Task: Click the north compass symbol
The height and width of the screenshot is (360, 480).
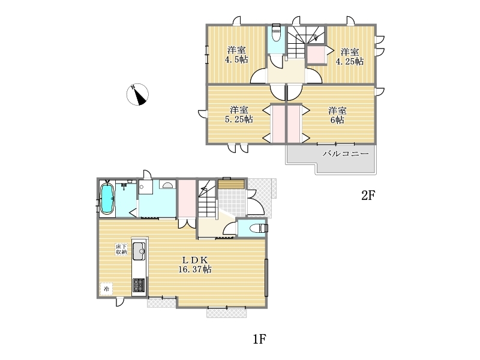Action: [137, 94]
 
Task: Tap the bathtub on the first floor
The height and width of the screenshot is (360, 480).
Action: [107, 199]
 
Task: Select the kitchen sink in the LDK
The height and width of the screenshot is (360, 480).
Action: [139, 251]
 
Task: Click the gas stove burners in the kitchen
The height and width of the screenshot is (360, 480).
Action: [139, 286]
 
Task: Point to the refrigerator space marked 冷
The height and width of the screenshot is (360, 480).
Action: [106, 289]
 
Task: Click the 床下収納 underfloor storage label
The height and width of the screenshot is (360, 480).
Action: [121, 250]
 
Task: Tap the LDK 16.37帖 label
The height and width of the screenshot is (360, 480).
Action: [195, 265]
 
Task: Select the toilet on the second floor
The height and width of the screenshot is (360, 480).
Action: [276, 32]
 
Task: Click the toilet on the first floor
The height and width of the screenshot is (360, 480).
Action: [259, 228]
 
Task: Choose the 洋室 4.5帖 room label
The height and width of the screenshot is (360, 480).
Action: [236, 55]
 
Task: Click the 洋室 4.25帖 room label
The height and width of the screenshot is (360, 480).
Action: [350, 56]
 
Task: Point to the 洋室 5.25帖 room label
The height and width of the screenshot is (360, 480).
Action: [239, 114]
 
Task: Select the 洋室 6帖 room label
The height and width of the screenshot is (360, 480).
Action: [337, 115]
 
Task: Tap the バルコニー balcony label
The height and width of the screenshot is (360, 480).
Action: [346, 154]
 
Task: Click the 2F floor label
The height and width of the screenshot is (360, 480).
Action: [368, 196]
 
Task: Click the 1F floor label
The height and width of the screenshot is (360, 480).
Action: [260, 339]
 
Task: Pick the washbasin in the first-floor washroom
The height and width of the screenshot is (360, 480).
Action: [167, 185]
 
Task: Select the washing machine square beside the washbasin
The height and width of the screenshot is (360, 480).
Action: [146, 187]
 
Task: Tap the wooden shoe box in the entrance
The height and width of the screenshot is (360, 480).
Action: [232, 184]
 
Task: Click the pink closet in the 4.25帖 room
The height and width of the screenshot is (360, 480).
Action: [316, 55]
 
